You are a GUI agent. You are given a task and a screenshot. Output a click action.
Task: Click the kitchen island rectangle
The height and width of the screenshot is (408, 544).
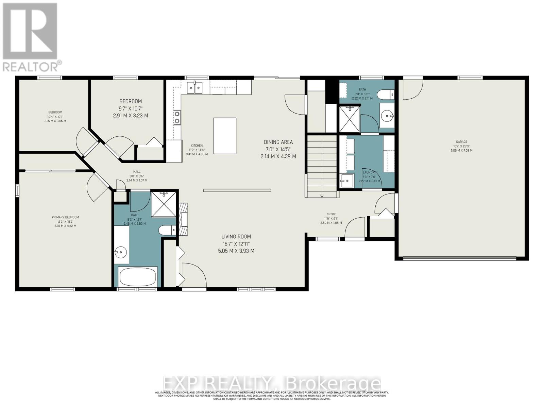click(x=225, y=136)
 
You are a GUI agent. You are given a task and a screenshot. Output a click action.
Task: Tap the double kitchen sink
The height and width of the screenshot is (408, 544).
click(x=194, y=88)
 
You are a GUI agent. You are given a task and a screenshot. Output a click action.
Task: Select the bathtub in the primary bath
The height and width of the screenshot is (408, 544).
click(x=138, y=277)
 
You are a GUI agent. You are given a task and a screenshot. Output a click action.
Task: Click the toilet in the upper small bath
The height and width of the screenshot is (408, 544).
click(x=387, y=94)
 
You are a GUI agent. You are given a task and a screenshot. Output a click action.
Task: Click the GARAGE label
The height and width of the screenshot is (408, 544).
click(x=461, y=142)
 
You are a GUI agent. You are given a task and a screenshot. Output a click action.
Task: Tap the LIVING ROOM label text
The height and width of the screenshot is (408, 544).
click(x=236, y=237)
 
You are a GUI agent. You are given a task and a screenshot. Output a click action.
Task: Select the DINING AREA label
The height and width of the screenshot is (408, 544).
click(x=278, y=142)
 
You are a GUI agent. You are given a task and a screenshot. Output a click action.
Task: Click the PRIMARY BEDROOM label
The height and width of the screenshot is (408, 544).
click(x=65, y=217)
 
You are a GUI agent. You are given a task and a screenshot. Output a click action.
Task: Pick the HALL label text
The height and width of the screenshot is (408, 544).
click(x=137, y=172)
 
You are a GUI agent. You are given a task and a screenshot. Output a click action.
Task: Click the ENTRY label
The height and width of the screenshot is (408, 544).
click(x=331, y=214)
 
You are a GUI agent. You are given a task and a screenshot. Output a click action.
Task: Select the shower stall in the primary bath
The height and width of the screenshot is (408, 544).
click(x=164, y=204)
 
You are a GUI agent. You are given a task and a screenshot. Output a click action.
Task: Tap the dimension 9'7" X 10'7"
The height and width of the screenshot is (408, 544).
click(x=130, y=108)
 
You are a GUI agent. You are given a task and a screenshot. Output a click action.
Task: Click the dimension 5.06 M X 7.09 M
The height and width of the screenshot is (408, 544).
click(x=461, y=150)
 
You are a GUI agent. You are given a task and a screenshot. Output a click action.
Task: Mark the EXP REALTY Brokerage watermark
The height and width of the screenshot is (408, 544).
click(x=272, y=384)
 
